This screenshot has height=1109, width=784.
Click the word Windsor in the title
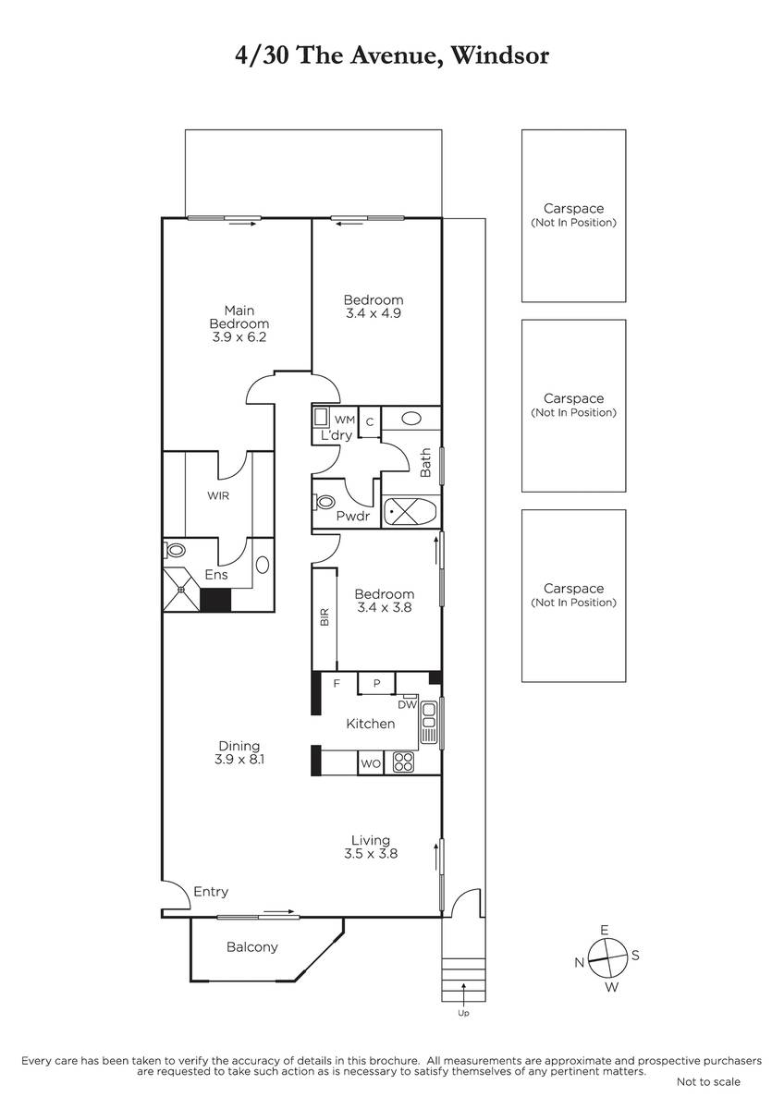(500, 55)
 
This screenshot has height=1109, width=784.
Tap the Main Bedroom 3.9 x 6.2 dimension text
(239, 337)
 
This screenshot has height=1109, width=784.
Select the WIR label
(218, 495)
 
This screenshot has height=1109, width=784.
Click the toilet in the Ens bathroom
(175, 550)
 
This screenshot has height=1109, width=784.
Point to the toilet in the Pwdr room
(324, 502)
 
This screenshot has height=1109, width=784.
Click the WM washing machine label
(345, 420)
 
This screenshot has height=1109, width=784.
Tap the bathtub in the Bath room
(410, 509)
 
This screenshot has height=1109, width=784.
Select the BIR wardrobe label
(325, 617)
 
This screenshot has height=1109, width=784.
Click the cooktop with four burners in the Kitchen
(403, 762)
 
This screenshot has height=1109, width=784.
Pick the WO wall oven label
(371, 763)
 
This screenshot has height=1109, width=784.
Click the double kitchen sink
(428, 723)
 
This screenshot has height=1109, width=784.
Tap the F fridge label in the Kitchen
(337, 684)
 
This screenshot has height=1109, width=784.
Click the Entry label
(211, 892)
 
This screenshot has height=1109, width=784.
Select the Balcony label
(252, 947)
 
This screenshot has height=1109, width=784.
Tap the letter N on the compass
(580, 962)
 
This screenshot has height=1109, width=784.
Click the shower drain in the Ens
(181, 590)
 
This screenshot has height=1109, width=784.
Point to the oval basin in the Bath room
(410, 419)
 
